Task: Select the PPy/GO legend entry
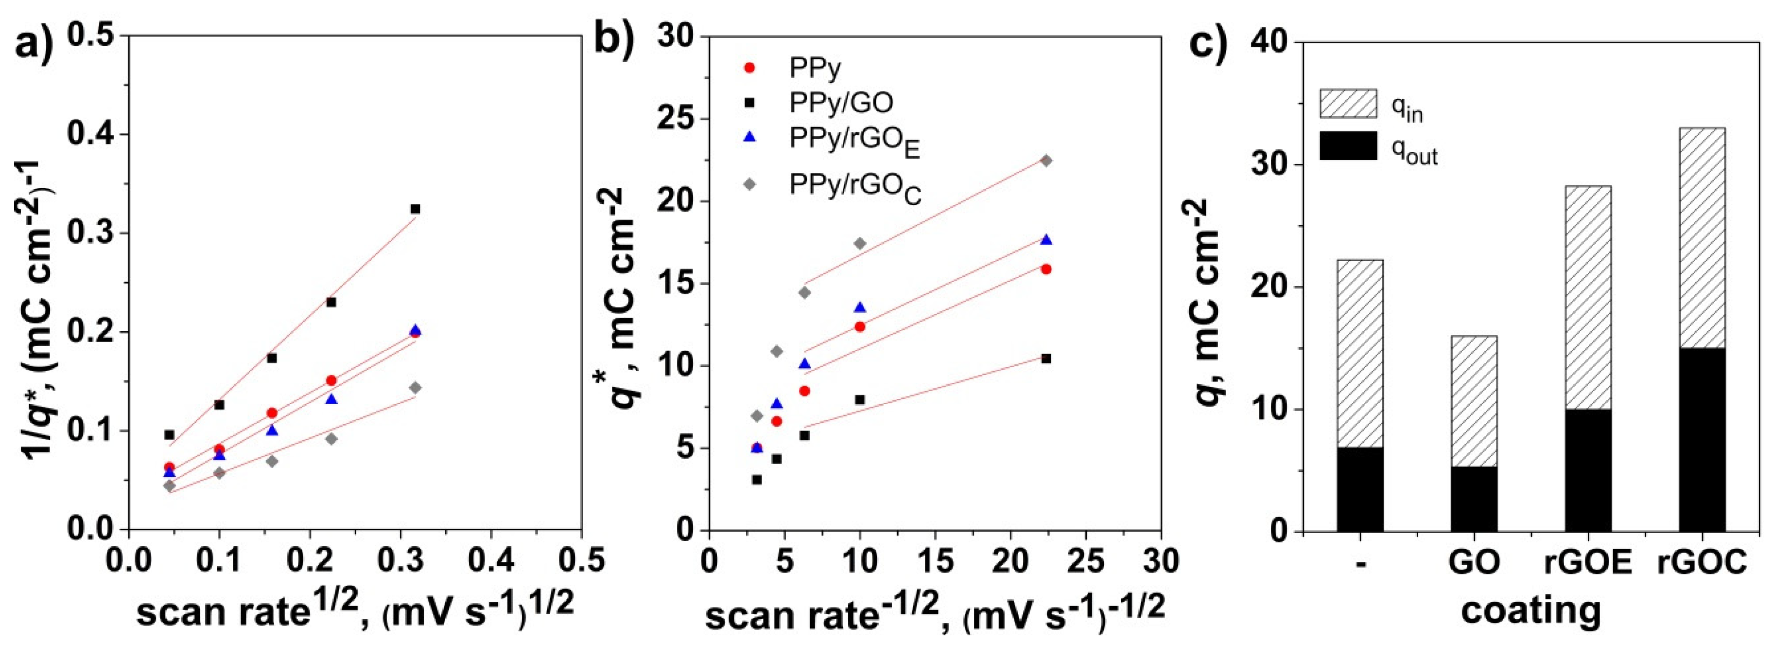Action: click(840, 103)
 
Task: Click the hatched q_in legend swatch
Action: click(1348, 103)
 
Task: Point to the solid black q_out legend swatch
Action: click(1348, 145)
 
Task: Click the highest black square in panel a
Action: click(415, 209)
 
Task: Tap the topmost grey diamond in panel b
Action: click(1046, 161)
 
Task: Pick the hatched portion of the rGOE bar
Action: click(1588, 297)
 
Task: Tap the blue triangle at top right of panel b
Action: click(1046, 240)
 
